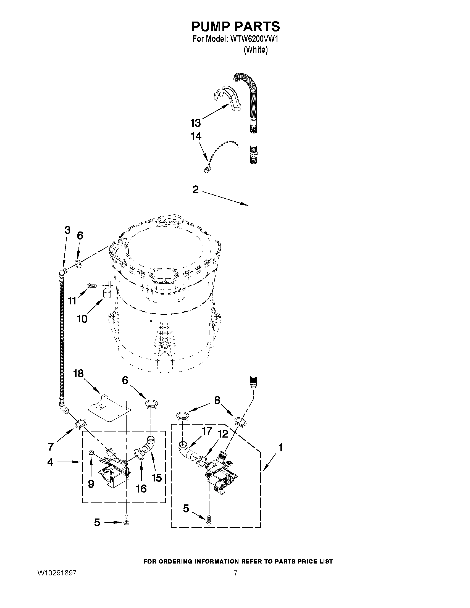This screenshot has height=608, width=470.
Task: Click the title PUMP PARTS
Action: click(236, 27)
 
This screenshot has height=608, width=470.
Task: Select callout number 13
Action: click(195, 123)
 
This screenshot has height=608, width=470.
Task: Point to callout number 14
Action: click(196, 136)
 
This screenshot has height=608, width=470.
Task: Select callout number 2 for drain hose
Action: click(195, 190)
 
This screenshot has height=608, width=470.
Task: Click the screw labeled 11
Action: click(92, 285)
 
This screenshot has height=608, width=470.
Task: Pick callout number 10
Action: click(82, 319)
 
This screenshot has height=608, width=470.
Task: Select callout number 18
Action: click(78, 374)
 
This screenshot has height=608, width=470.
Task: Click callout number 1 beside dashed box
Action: click(280, 448)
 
